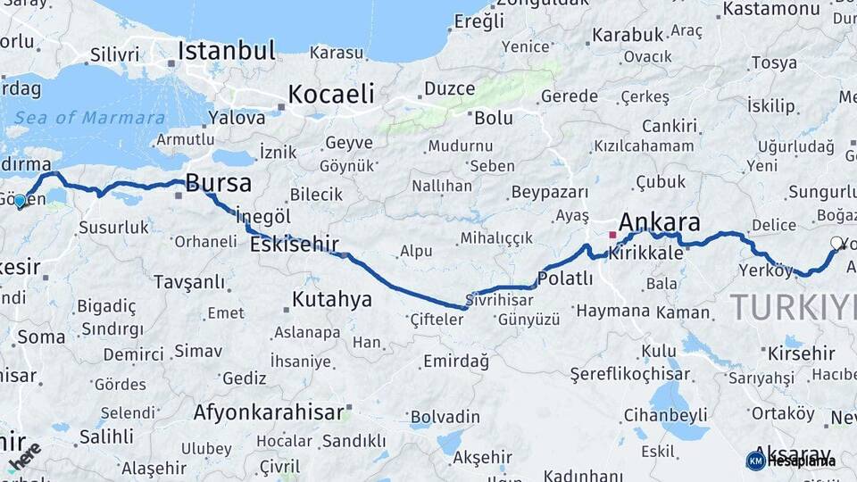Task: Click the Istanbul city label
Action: point(226,51)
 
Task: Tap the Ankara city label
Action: point(659,222)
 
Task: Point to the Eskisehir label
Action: point(294,243)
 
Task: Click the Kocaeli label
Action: point(330,94)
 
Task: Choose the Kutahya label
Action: point(331,299)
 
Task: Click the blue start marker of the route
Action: point(20,202)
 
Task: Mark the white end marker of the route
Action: point(836,243)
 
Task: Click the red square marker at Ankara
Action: point(612,236)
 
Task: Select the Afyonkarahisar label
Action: point(269,412)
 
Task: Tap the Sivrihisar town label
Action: point(501,300)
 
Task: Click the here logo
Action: point(24,455)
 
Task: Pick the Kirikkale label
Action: point(646,253)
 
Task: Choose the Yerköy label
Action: point(766,270)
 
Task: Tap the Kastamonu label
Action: point(770,9)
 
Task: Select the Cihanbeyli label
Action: point(665,415)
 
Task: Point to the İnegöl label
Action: point(263,217)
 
